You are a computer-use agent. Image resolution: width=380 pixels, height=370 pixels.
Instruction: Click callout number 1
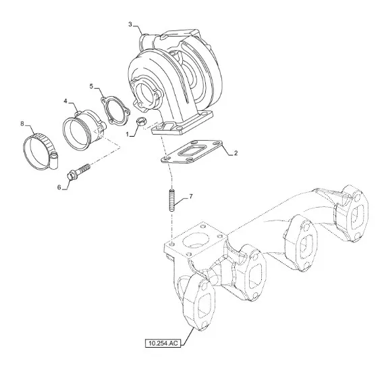(128, 134)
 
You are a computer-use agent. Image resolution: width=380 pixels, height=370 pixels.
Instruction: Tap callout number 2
(236, 154)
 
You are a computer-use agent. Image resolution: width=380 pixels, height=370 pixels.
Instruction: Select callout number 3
(130, 24)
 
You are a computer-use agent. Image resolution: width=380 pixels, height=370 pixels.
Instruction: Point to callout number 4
(65, 101)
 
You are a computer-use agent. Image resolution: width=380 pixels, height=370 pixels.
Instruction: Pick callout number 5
(91, 87)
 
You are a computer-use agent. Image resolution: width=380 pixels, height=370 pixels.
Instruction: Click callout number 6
(59, 187)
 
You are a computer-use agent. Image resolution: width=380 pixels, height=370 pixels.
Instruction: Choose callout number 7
(191, 197)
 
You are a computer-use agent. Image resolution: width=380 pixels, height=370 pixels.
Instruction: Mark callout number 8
(22, 124)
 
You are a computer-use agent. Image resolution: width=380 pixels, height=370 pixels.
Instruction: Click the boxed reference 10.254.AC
(163, 343)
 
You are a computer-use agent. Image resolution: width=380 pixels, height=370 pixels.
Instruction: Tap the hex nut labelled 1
(141, 122)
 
